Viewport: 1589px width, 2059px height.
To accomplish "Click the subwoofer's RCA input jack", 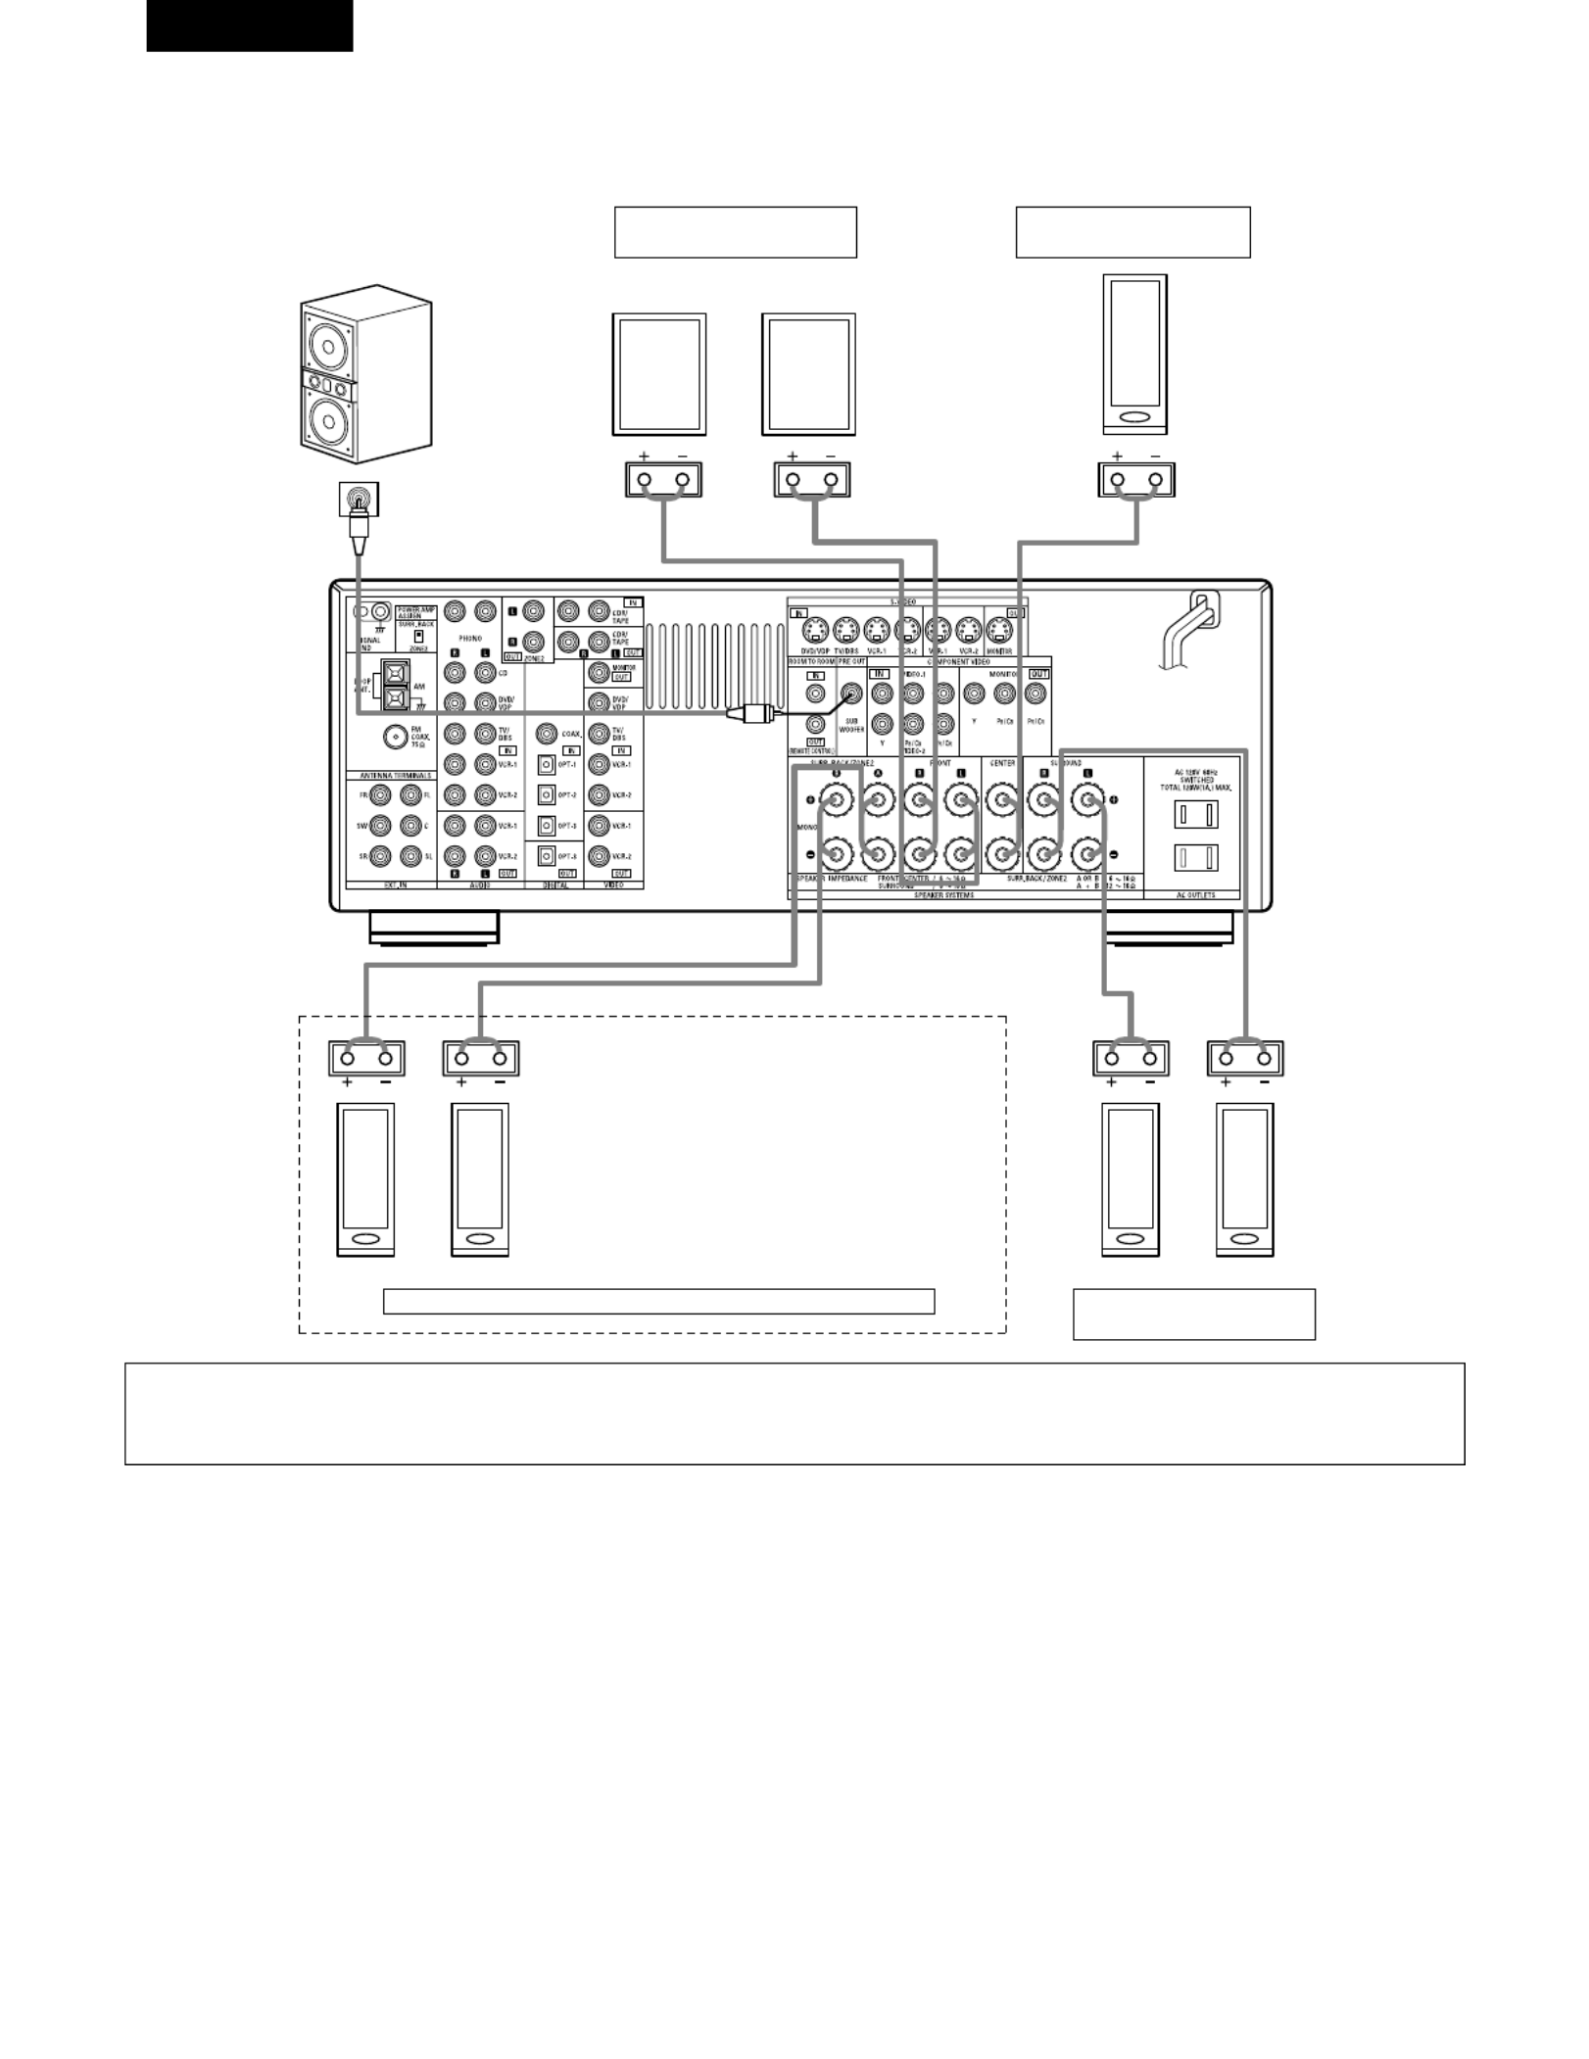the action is [359, 500].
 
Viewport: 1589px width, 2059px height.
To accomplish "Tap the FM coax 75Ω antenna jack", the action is [395, 737].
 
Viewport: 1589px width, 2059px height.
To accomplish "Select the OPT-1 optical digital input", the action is [547, 764].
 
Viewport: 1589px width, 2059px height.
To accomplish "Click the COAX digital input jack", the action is [547, 734].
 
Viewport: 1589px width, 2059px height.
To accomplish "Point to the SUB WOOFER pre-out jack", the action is [852, 694].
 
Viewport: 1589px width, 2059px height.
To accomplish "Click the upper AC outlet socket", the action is [1196, 814].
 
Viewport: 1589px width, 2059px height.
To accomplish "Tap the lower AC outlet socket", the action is [1196, 858].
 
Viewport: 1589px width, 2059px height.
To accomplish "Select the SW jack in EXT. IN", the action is [380, 826].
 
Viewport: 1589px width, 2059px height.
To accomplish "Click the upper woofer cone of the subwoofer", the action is [328, 345].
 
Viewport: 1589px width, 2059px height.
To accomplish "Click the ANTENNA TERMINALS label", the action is [389, 775].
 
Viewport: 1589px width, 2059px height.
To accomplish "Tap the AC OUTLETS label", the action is [1195, 894].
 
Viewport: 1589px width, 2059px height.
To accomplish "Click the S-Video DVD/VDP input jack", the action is [815, 630].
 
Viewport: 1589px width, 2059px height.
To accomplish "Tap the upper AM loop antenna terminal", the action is [394, 673].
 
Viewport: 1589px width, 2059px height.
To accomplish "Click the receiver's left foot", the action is [434, 928].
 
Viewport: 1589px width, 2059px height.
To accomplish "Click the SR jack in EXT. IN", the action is [380, 856].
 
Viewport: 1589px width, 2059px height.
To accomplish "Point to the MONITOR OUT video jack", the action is [599, 673].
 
